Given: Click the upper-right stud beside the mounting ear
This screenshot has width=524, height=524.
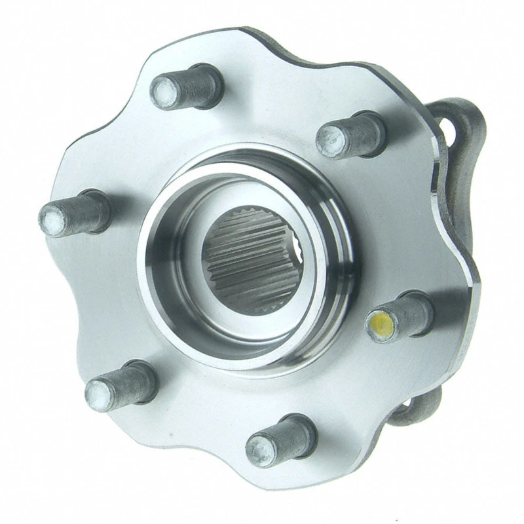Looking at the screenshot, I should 350,135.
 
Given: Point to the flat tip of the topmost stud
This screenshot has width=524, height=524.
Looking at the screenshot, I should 163,94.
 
